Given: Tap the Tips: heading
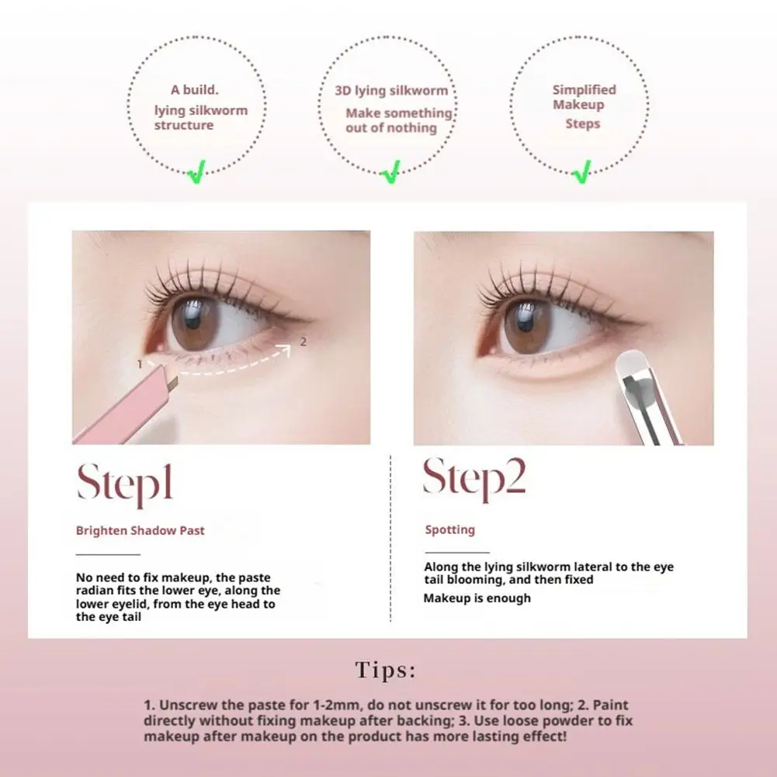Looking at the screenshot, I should (386, 670).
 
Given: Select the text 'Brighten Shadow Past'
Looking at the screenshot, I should (140, 531).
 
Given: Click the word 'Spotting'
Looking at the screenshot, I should (449, 529).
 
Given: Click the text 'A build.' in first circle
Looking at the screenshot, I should (195, 90).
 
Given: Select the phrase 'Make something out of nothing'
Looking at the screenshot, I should (398, 120).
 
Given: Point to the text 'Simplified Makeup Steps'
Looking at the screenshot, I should (584, 106).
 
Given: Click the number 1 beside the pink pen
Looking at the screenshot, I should (139, 363).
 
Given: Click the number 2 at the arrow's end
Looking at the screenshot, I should (304, 341).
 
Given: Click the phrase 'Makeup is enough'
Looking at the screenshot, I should (477, 598).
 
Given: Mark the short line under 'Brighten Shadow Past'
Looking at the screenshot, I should (108, 554).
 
